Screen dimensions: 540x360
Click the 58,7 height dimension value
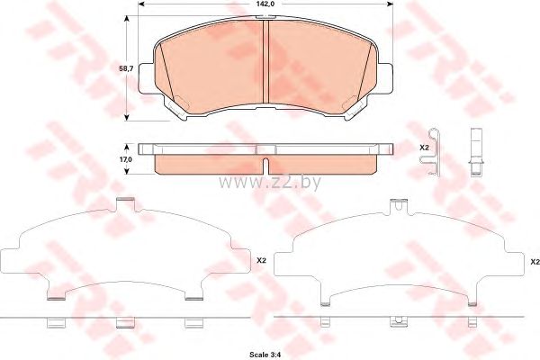126,68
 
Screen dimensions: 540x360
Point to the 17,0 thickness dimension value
126,159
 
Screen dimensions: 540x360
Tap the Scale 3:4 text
265,355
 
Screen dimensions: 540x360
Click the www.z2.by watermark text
269,182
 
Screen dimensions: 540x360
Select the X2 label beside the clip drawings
424,148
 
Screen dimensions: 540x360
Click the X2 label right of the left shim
261,261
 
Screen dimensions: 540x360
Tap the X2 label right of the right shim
535,262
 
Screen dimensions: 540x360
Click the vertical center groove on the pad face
265,61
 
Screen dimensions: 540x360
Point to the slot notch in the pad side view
265,166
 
